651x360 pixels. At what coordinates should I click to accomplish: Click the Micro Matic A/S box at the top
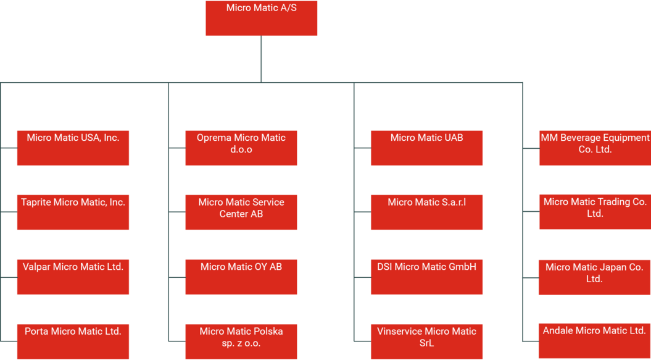(x=261, y=18)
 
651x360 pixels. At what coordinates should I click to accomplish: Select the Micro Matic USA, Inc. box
(x=73, y=148)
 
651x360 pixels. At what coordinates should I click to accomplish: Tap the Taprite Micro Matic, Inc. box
(x=73, y=212)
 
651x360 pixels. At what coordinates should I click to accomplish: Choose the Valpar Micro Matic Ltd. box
(x=73, y=277)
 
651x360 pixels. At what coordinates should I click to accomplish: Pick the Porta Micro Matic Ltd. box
(x=73, y=341)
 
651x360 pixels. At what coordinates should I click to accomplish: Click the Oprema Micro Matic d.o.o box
(x=241, y=148)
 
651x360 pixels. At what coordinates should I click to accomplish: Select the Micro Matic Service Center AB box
(x=241, y=212)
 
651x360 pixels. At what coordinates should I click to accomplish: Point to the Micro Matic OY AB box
(x=241, y=277)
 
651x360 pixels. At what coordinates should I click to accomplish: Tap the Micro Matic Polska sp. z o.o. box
(x=241, y=341)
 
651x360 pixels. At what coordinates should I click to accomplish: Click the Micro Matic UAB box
(x=426, y=148)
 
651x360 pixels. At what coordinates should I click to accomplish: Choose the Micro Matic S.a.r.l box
(x=426, y=212)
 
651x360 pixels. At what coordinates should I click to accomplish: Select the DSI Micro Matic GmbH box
(x=426, y=277)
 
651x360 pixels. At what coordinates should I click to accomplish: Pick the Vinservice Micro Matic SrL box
(x=426, y=341)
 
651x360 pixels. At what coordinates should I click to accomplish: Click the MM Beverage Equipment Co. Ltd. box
(x=595, y=148)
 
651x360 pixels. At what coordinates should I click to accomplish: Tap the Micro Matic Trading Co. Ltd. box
(x=595, y=212)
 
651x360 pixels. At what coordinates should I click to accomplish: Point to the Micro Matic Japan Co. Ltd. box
(x=594, y=277)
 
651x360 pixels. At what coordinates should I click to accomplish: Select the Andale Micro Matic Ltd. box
(x=594, y=341)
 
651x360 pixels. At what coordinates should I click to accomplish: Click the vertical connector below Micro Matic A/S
(x=261, y=59)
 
